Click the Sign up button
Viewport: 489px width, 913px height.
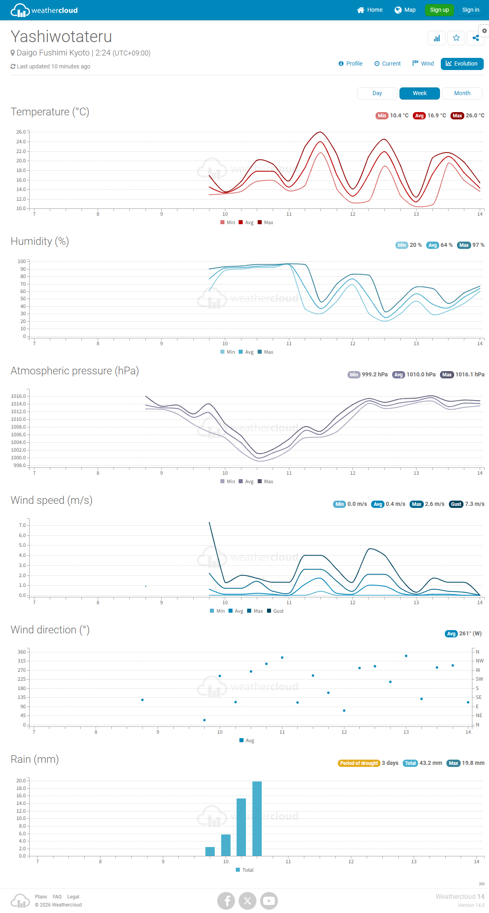(439, 10)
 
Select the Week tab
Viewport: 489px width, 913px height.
(419, 93)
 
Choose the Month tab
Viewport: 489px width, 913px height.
(462, 93)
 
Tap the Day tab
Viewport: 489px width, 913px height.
(377, 93)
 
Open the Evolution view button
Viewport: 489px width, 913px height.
(462, 64)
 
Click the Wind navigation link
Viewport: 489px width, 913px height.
(423, 64)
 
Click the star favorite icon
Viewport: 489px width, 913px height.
(456, 38)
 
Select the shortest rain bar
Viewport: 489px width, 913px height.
(210, 851)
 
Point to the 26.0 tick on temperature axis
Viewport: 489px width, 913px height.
(21, 132)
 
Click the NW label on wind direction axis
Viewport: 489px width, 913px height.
(480, 661)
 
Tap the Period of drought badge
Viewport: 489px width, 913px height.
(359, 763)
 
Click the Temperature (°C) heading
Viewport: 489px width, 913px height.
(50, 112)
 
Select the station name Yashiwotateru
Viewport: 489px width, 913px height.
(61, 36)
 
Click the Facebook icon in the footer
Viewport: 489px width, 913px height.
(226, 900)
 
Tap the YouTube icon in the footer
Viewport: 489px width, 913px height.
(269, 900)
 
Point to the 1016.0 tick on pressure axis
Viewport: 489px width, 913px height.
(18, 396)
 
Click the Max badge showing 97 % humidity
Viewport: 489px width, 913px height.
(464, 245)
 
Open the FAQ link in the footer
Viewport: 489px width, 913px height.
(57, 897)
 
